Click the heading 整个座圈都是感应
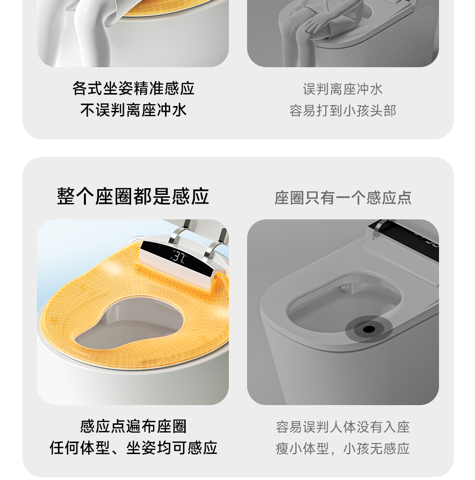133,196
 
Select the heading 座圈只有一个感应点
343,197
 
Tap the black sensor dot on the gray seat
369,329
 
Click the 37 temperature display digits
179,256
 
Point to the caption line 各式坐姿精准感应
133,88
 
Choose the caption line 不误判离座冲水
133,110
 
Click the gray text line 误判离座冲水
343,89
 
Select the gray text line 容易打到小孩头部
343,110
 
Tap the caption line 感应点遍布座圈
133,426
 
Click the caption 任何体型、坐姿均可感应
133,448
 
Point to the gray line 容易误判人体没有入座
343,427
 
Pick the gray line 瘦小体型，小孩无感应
343,448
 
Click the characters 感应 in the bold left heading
190,196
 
